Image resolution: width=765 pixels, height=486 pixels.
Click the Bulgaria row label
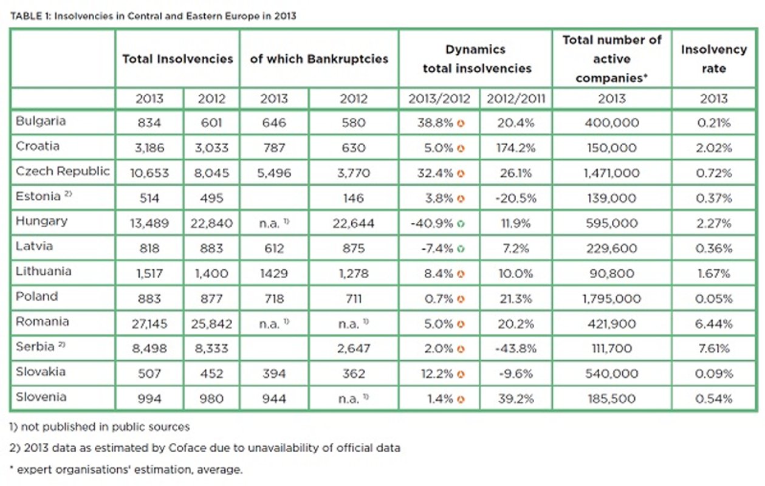(x=41, y=122)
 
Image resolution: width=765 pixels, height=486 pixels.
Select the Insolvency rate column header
(x=714, y=59)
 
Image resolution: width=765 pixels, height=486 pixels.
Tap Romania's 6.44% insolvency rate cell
(x=714, y=324)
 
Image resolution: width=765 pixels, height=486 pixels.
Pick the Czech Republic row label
(x=63, y=172)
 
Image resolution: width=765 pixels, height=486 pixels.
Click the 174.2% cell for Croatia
(x=515, y=148)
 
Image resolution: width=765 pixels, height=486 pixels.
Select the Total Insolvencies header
(x=177, y=59)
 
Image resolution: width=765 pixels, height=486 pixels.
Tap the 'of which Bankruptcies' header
(x=319, y=59)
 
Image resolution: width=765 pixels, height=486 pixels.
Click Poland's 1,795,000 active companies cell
(x=611, y=298)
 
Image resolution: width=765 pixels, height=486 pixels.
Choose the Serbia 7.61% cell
(x=714, y=349)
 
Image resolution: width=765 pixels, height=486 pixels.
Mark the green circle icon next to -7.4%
(x=461, y=248)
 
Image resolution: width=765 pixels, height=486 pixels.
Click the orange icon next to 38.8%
(x=461, y=123)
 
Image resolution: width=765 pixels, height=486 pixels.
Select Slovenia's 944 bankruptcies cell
(x=274, y=399)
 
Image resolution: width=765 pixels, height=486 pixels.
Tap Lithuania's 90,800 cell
(x=611, y=273)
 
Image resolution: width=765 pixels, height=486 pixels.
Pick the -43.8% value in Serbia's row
(x=515, y=349)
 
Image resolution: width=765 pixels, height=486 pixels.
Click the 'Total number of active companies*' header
(x=611, y=59)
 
